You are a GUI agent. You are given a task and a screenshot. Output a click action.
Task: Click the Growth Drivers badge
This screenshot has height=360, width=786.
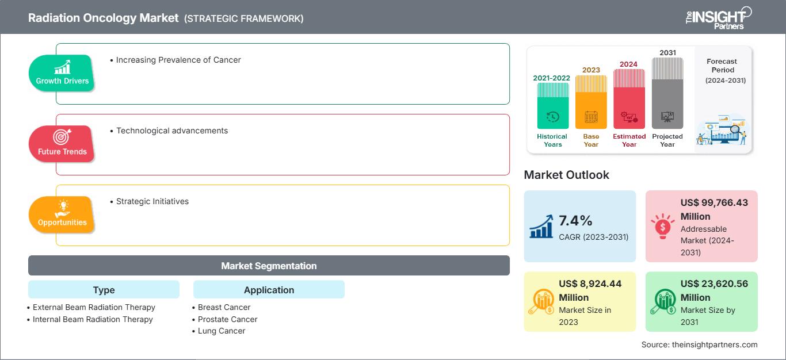62,73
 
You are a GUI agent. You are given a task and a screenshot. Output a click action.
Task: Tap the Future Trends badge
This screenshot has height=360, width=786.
62,144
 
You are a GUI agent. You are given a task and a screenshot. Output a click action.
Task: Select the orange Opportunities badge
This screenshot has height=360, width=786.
62,215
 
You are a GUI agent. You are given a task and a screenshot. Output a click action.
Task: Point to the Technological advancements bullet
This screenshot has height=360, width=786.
171,131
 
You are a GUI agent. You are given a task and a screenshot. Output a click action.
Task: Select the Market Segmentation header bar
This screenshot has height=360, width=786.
269,266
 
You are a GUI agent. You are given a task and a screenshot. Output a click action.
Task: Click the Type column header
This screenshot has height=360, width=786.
104,290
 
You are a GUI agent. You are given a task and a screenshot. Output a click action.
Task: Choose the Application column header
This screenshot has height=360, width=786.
269,290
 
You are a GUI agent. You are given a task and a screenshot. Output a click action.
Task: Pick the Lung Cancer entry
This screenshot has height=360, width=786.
221,331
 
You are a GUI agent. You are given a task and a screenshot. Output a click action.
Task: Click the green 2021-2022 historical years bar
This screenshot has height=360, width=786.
552,106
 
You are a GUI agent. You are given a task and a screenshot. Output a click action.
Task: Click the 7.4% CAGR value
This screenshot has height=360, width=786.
576,221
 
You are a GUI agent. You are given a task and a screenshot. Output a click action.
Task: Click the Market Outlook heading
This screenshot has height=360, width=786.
566,175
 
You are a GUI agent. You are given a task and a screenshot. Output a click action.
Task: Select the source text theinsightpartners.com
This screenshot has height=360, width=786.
699,344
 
